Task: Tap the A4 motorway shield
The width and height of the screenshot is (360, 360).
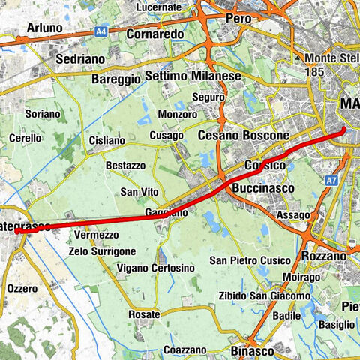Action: (101, 31)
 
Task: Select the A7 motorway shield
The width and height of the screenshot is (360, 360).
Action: (331, 181)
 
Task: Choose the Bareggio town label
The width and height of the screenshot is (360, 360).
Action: (116, 78)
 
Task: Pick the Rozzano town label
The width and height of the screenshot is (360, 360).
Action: (325, 256)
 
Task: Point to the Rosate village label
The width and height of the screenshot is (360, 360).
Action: (145, 313)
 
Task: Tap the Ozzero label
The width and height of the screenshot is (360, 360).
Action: (21, 288)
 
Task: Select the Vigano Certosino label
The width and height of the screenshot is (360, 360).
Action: (156, 268)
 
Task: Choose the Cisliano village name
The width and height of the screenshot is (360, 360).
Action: (106, 140)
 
